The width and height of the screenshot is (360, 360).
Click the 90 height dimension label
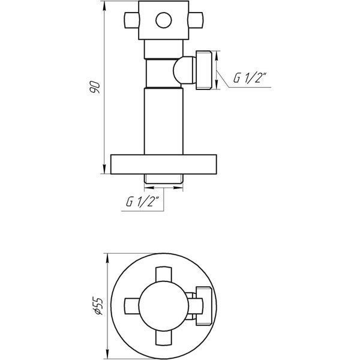(95, 88)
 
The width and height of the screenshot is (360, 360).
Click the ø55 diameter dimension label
(98, 306)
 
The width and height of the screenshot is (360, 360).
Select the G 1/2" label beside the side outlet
(250, 77)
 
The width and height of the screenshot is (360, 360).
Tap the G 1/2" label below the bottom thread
(142, 202)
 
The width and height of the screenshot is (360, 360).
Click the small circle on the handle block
(164, 20)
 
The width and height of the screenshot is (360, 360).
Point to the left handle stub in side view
(132, 20)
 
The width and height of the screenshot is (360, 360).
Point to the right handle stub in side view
(196, 20)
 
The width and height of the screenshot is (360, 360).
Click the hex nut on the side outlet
(203, 70)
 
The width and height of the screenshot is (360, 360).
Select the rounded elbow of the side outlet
(184, 70)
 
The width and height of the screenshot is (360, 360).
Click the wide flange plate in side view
(164, 164)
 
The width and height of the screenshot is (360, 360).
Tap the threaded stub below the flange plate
(164, 179)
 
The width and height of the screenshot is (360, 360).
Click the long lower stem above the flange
(164, 121)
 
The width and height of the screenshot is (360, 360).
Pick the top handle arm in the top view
(163, 274)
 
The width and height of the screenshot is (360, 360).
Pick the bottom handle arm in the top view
(163, 338)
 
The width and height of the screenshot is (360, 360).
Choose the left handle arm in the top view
(132, 306)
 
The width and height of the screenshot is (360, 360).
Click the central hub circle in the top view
(164, 306)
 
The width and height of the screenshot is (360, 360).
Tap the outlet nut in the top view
(203, 306)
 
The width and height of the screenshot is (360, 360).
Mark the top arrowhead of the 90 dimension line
(104, 6)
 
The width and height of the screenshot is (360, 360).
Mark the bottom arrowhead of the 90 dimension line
(104, 169)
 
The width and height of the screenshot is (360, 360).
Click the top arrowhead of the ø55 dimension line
(107, 259)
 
